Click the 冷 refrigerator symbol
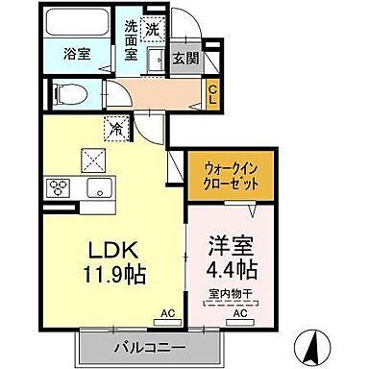(115, 126)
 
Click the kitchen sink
(101, 185)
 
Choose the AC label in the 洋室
(238, 313)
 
